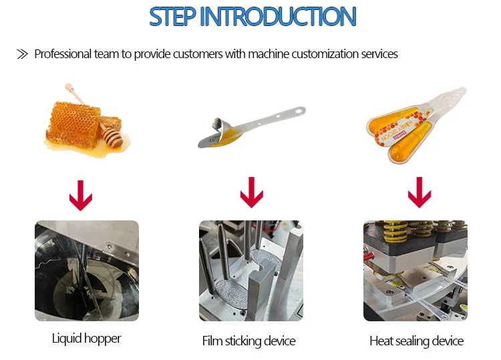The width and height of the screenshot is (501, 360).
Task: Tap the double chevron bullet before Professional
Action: tap(22, 54)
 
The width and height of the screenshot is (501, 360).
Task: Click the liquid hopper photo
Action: tap(87, 271)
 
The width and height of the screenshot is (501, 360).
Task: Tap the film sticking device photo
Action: tap(251, 271)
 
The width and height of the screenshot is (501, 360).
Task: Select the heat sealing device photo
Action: tap(415, 271)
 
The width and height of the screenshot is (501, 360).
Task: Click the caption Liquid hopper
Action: tap(87, 339)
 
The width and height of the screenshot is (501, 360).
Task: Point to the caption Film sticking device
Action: tap(248, 341)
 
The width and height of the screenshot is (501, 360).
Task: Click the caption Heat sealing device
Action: tap(416, 341)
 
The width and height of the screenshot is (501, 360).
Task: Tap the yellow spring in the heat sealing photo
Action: tap(389, 231)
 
